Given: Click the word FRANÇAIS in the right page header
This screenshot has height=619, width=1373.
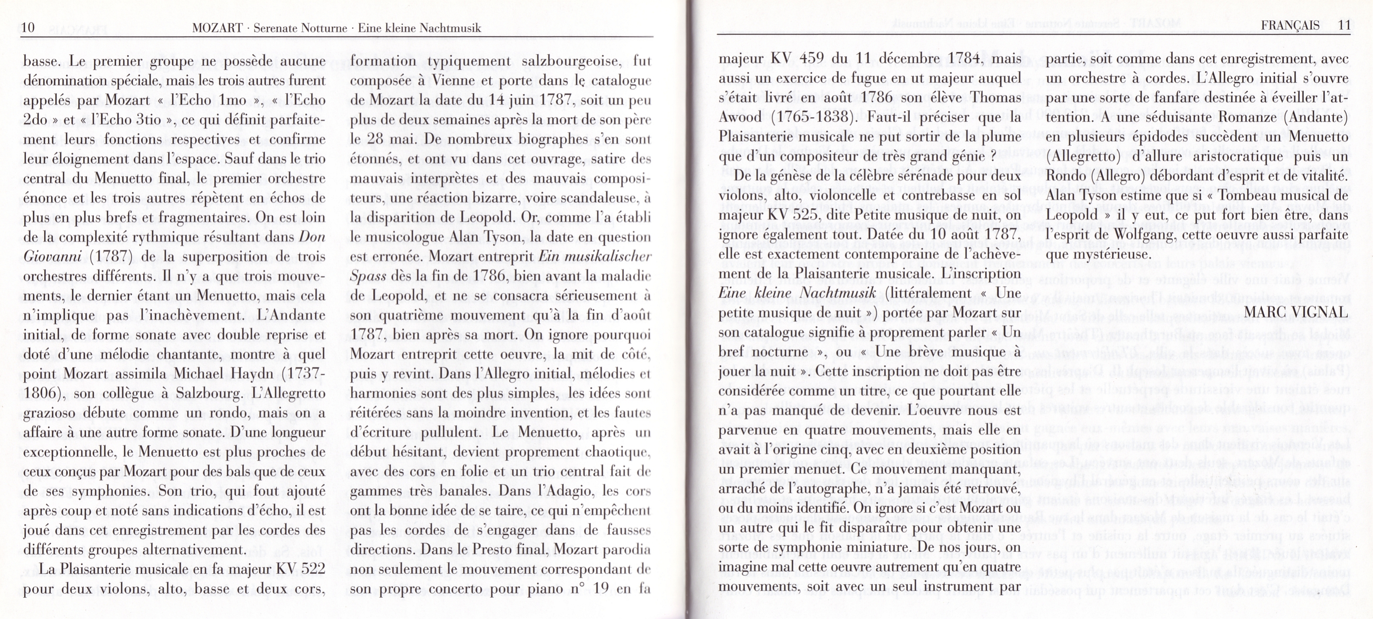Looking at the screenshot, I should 1290,25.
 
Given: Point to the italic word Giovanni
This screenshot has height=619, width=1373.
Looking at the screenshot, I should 52,257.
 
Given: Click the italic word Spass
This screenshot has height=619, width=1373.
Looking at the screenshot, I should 368,276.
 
